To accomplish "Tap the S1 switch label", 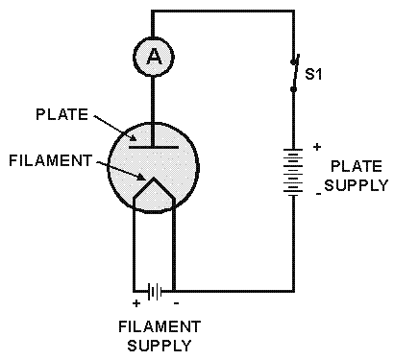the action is pyautogui.click(x=313, y=74).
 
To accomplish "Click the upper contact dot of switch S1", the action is pyautogui.click(x=293, y=61).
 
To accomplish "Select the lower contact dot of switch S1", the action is pyautogui.click(x=293, y=89).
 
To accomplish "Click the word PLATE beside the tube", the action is pyautogui.click(x=62, y=114).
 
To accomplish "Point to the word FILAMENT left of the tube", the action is pyautogui.click(x=51, y=160).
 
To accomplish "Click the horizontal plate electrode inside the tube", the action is pyautogui.click(x=154, y=147).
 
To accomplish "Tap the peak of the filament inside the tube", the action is pyautogui.click(x=154, y=178).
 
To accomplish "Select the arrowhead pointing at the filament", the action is pyautogui.click(x=141, y=177).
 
